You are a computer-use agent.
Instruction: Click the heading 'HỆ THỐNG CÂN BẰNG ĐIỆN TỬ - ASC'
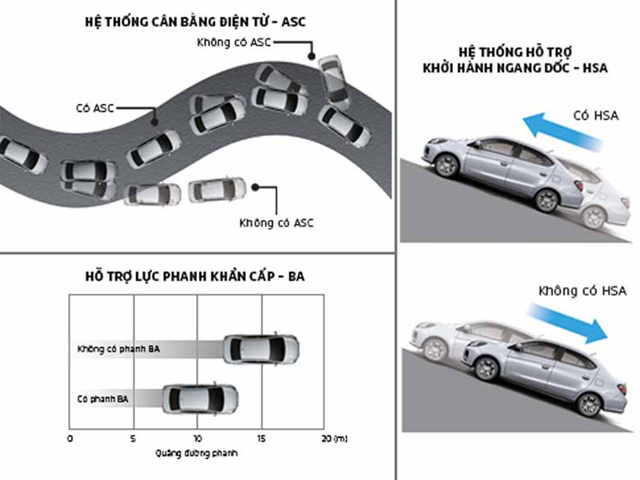tap(197, 21)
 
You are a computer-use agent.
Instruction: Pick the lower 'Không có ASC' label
tap(276, 222)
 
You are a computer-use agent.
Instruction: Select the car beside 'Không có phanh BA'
tap(261, 349)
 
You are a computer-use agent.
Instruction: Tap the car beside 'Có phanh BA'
tap(200, 399)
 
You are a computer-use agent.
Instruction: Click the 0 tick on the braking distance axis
tap(70, 438)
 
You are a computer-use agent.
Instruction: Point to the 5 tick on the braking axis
tap(134, 438)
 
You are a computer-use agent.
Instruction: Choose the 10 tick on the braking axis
tap(197, 438)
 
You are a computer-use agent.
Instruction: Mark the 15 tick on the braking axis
tap(261, 438)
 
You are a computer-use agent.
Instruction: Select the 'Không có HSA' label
tap(583, 290)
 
